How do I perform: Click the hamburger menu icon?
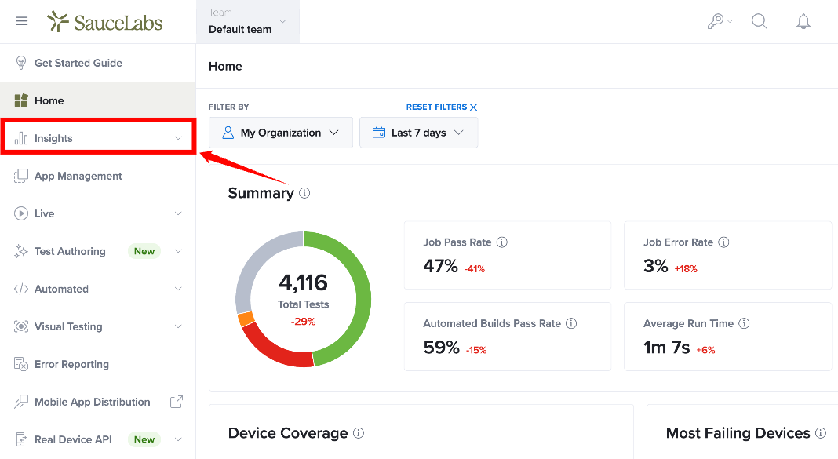click(x=22, y=21)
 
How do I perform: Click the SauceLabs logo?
click(x=105, y=22)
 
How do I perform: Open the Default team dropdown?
click(x=247, y=22)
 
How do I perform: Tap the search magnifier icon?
click(x=760, y=21)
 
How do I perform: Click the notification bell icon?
click(x=803, y=21)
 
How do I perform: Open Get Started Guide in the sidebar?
click(x=78, y=63)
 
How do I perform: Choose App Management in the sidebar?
click(x=78, y=176)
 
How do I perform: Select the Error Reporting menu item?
click(x=71, y=364)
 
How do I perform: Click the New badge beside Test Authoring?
click(x=144, y=251)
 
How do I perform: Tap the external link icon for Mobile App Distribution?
click(x=177, y=402)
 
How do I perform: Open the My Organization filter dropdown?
click(x=281, y=133)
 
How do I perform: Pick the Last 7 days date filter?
click(x=418, y=133)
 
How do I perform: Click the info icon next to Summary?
click(x=304, y=193)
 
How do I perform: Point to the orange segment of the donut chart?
click(x=246, y=319)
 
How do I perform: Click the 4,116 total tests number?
click(x=303, y=282)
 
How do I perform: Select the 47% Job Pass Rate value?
click(x=440, y=265)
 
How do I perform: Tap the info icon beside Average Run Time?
click(x=744, y=323)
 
